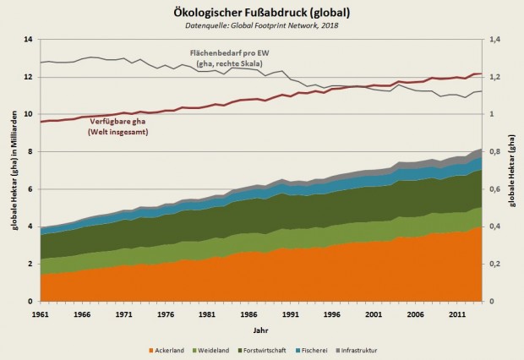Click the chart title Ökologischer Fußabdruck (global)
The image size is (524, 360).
point(262,12)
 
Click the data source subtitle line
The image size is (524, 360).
point(262,26)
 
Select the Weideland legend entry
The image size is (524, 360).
point(223,349)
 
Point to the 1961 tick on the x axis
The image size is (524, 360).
point(41,313)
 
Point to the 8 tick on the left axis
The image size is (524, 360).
point(30,152)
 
